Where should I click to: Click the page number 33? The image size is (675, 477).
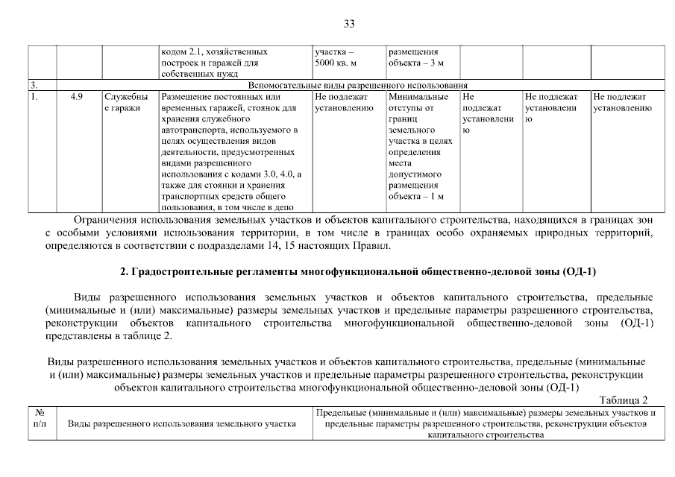tap(348, 24)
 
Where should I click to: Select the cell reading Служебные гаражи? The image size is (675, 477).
tap(125, 103)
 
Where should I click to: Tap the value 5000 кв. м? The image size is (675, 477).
tap(336, 63)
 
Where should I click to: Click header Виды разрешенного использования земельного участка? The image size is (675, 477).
tap(182, 423)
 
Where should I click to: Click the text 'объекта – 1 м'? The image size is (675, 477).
tap(415, 197)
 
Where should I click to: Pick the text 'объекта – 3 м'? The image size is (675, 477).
tap(415, 63)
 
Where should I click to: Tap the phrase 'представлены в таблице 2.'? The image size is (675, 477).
tap(109, 335)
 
